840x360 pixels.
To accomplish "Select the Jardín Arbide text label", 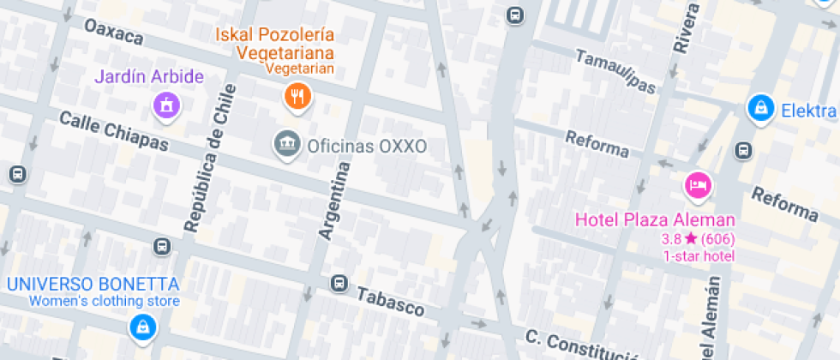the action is (x=149, y=77).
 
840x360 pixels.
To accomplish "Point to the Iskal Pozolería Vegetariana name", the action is (x=285, y=44).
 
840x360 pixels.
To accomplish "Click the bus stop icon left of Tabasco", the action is (x=339, y=282).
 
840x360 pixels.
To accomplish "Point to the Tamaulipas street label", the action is (x=615, y=70).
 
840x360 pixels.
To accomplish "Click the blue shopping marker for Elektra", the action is (x=759, y=108).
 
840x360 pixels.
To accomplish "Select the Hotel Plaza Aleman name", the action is (x=654, y=219).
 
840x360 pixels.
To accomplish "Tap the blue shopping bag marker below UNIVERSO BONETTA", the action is (x=141, y=327).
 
